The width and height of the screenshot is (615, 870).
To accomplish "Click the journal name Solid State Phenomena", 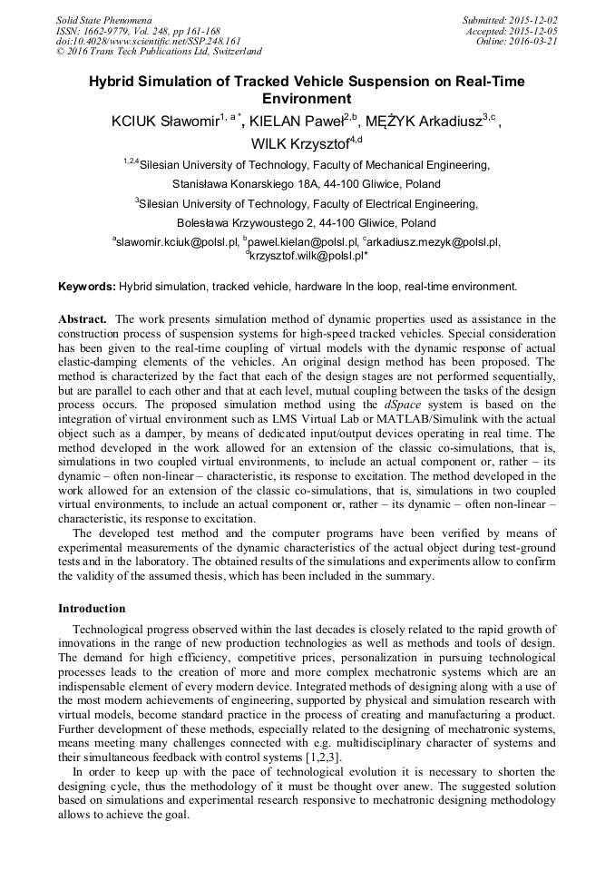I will coord(103,20).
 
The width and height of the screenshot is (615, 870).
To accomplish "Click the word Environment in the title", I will coord(306,98).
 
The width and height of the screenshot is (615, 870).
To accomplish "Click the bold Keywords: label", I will coord(86,287).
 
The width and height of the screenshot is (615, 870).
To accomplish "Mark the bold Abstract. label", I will coord(84,319).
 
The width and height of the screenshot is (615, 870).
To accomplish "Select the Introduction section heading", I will coord(92,607).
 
